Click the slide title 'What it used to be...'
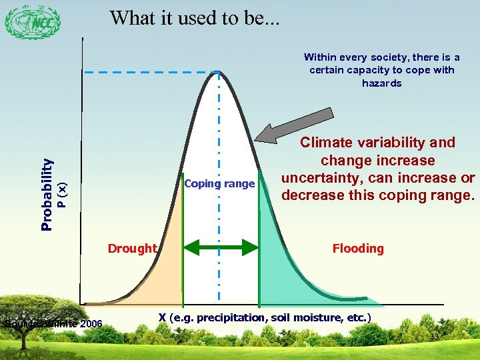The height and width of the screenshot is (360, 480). pyautogui.click(x=195, y=18)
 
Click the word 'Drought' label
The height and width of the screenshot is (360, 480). pyautogui.click(x=132, y=249)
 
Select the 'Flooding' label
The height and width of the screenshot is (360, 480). pyautogui.click(x=358, y=249)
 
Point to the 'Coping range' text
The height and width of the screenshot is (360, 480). pyautogui.click(x=219, y=184)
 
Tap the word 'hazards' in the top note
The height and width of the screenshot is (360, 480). pyautogui.click(x=381, y=83)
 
